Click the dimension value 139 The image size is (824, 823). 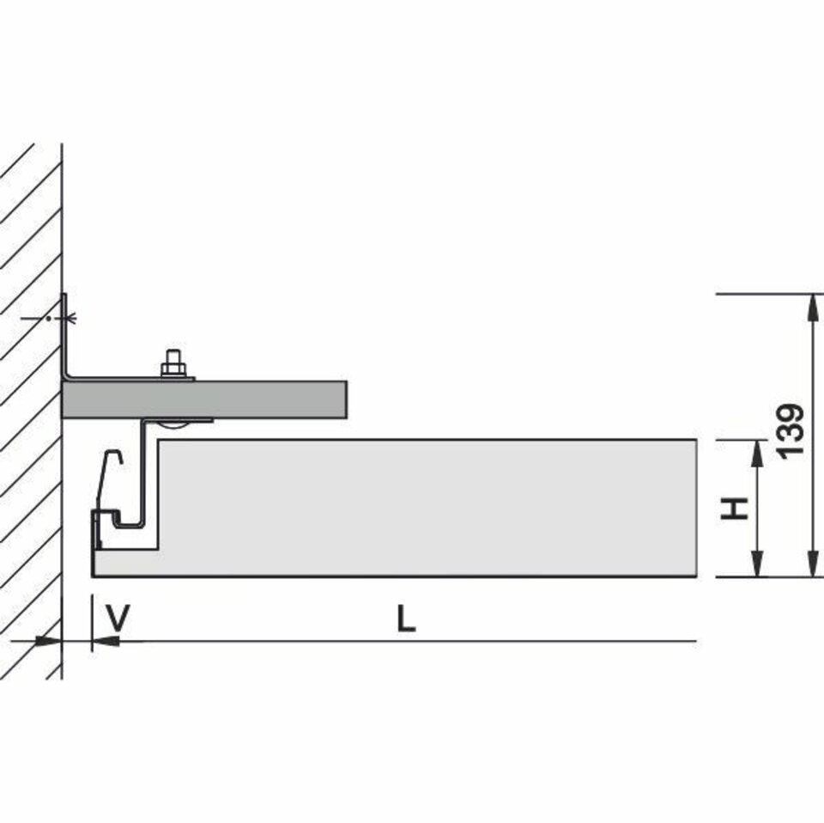[x=791, y=431]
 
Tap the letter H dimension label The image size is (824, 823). [x=734, y=508]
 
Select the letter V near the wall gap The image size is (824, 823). [x=118, y=618]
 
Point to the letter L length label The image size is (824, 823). [x=406, y=619]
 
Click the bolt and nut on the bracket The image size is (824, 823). [x=174, y=363]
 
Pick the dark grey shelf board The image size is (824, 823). [x=204, y=399]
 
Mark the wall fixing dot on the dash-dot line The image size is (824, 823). [x=48, y=318]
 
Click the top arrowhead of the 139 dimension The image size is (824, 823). [x=813, y=307]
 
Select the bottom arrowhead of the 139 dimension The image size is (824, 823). [x=813, y=564]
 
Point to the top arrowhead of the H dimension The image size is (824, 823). [x=756, y=453]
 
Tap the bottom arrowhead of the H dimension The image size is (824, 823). [x=756, y=564]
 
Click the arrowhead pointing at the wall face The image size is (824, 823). [x=49, y=641]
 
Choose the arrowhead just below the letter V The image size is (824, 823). [x=106, y=641]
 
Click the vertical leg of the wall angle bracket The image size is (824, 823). [x=65, y=336]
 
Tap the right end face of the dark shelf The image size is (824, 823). [x=346, y=399]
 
